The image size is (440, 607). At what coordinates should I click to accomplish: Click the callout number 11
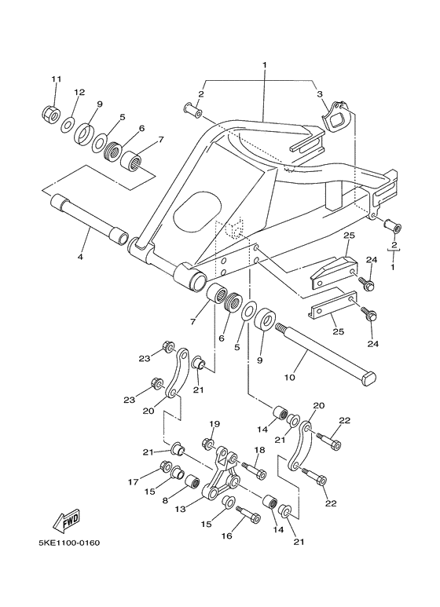[56, 79]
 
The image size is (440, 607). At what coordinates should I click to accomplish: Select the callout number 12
[79, 93]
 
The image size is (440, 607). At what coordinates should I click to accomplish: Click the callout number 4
[79, 256]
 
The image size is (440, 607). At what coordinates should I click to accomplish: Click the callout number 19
[214, 424]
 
